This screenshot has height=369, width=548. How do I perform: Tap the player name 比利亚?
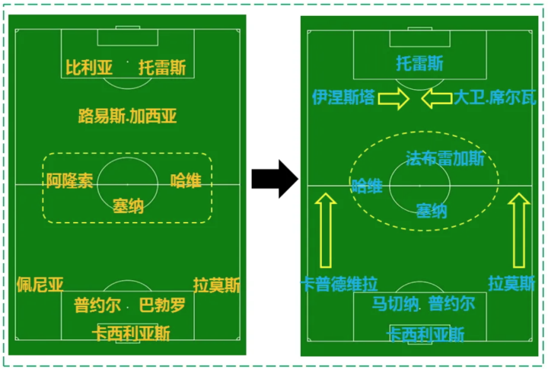pyautogui.click(x=88, y=68)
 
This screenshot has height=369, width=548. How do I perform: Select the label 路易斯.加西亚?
pyautogui.click(x=128, y=116)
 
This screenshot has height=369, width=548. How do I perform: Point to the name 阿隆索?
pyautogui.click(x=69, y=181)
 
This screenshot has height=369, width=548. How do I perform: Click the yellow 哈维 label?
pyautogui.click(x=186, y=181)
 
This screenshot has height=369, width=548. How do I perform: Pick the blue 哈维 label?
pyautogui.click(x=367, y=185)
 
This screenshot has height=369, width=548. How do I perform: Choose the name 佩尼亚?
pyautogui.click(x=40, y=285)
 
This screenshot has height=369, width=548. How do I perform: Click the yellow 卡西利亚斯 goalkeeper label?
pyautogui.click(x=130, y=333)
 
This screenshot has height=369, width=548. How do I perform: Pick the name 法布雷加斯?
pyautogui.click(x=445, y=158)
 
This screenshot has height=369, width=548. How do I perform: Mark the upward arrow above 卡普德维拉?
pyautogui.click(x=325, y=227)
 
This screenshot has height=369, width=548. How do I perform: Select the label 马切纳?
pyautogui.click(x=395, y=304)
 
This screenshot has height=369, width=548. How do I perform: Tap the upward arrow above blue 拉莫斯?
pyautogui.click(x=521, y=227)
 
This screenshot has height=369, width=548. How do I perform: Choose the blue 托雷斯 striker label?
pyautogui.click(x=419, y=63)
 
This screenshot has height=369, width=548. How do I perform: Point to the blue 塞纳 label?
pyautogui.click(x=432, y=212)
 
